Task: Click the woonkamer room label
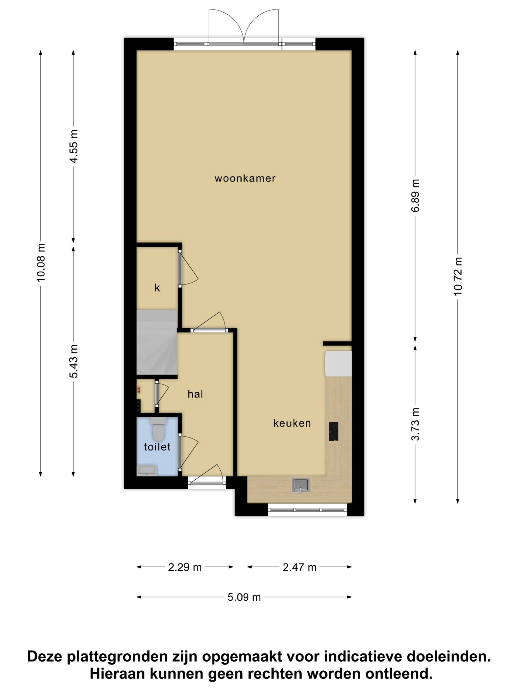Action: click(x=245, y=178)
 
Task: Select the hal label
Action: click(x=195, y=394)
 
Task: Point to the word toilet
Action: click(x=157, y=447)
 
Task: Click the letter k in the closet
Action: click(x=157, y=287)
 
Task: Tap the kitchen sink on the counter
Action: click(x=301, y=485)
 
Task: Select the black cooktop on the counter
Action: click(x=333, y=431)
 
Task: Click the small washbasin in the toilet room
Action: click(x=146, y=470)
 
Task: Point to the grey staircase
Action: click(x=157, y=342)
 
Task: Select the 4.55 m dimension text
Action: click(x=74, y=146)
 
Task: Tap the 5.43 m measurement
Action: click(x=74, y=361)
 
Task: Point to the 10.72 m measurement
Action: click(x=458, y=276)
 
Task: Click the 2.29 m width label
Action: click(x=185, y=567)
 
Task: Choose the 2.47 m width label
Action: click(x=300, y=567)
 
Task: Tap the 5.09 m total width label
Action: click(x=244, y=597)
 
